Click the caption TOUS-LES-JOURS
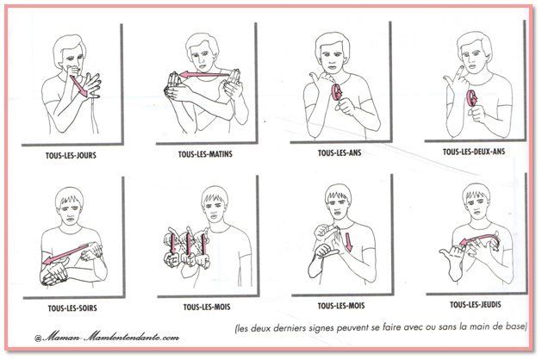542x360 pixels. point(71,155)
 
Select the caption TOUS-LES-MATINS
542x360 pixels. point(205,154)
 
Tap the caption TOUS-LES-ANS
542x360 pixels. point(340,152)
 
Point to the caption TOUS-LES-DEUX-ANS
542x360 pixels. point(474,152)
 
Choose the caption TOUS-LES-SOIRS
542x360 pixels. point(72,307)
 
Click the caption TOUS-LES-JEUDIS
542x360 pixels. point(476,305)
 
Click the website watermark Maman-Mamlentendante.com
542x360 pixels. point(107,336)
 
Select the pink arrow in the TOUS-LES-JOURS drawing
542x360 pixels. point(79,86)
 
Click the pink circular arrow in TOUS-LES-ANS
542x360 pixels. point(336,92)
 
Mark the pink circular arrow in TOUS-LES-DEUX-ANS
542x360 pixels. point(472,98)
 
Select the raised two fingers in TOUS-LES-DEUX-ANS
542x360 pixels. point(454,77)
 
